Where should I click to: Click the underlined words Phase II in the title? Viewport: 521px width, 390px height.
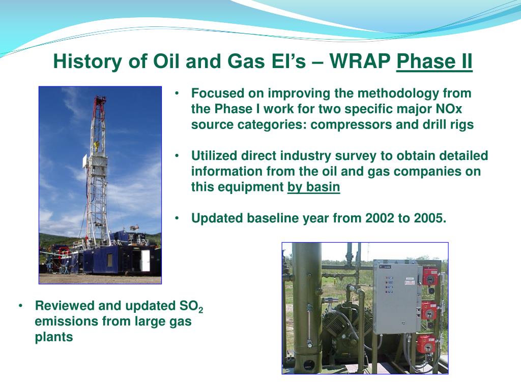(435, 61)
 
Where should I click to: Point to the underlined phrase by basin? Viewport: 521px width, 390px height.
(313, 187)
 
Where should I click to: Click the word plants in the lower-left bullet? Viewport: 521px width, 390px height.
(54, 337)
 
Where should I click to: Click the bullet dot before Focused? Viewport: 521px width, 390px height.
(177, 93)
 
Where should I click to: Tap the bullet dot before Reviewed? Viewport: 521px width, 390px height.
(21, 306)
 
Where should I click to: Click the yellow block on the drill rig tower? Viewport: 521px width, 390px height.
(97, 145)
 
